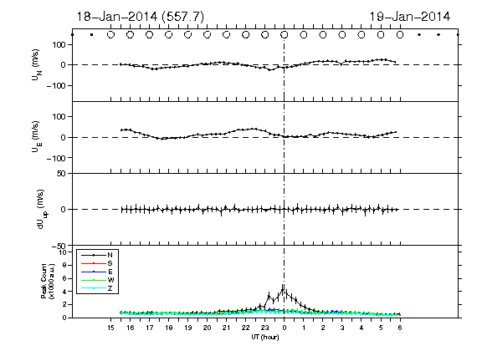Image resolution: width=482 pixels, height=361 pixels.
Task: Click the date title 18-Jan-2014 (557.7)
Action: coord(141,17)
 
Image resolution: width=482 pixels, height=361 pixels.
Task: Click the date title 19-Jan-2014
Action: coord(409,17)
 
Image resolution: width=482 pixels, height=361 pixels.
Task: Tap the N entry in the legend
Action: coord(97,255)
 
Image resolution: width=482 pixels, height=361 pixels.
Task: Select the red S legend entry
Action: coord(97,263)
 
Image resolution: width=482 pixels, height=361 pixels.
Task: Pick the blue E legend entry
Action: coord(97,272)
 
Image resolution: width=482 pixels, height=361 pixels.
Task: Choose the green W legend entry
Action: coord(97,280)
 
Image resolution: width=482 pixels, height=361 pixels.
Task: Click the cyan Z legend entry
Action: coord(97,288)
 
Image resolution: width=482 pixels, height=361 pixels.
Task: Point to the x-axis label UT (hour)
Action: coord(265,337)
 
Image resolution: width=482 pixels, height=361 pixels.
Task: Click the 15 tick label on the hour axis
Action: coord(110,328)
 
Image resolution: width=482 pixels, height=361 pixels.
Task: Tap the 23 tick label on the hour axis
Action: coord(264,328)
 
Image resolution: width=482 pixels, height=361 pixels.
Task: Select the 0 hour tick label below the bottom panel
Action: coord(284,328)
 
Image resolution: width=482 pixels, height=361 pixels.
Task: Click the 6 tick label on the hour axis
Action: coord(400,328)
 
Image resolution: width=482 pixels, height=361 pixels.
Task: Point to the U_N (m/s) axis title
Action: coord(37,65)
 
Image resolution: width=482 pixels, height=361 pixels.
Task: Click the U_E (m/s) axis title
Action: coord(36,137)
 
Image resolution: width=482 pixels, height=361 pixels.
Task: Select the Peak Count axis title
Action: coord(48,281)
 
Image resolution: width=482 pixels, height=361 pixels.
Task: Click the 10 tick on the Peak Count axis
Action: coord(64,252)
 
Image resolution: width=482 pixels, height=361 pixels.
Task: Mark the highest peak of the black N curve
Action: coord(283,288)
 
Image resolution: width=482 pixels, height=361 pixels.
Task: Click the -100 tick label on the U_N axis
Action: coord(56,85)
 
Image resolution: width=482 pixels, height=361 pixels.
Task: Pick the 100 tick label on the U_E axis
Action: coord(59,117)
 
